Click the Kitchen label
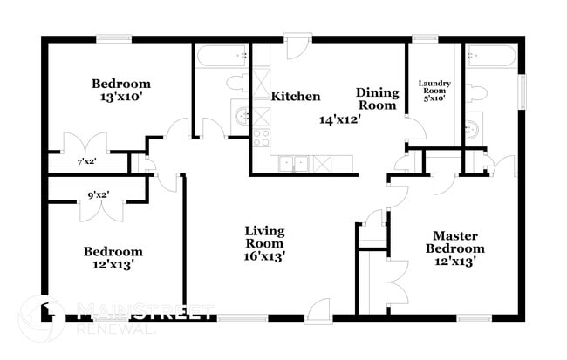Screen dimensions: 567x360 [296, 97]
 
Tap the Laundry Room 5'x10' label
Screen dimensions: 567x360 [434, 91]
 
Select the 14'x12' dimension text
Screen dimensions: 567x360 [340, 119]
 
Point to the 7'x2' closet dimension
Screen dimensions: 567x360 [86, 161]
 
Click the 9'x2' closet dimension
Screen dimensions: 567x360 [99, 195]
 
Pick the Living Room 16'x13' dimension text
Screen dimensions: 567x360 [264, 256]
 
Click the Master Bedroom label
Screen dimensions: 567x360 [454, 242]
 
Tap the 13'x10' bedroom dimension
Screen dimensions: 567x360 [120, 98]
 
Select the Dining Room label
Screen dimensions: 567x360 [377, 98]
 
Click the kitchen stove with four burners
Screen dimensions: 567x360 [261, 138]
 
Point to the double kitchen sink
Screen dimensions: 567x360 [293, 164]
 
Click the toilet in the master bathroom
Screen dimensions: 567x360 [474, 92]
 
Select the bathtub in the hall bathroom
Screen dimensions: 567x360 [222, 56]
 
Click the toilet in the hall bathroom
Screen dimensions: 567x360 [237, 83]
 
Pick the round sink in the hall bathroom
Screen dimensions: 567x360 [241, 116]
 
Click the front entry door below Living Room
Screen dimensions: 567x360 [319, 309]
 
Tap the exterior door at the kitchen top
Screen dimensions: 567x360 [297, 46]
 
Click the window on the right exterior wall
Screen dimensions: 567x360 [522, 91]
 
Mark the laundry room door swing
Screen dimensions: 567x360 [416, 127]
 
